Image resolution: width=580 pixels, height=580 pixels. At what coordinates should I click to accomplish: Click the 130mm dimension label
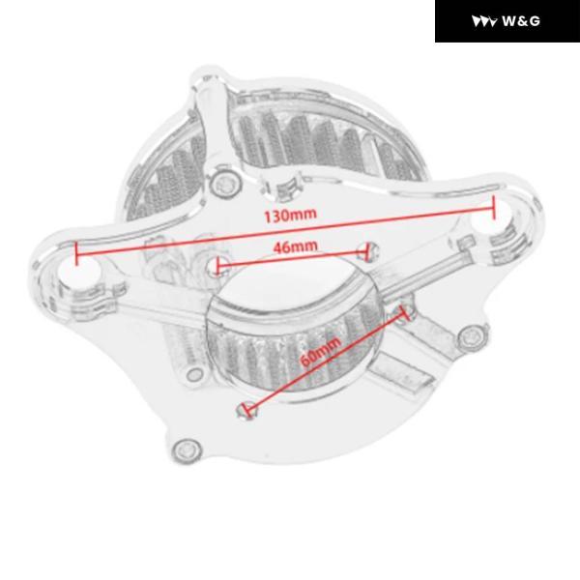291,215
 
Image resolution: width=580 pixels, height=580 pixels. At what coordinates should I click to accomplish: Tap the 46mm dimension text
295,246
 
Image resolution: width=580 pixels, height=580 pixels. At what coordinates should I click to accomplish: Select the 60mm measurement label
320,352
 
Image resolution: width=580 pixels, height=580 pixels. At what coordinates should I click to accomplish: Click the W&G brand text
521,21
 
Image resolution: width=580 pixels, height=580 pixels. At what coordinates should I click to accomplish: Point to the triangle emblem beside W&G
484,21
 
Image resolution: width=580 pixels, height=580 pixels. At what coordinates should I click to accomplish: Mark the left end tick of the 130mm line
76,253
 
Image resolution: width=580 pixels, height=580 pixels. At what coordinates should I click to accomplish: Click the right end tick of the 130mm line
493,208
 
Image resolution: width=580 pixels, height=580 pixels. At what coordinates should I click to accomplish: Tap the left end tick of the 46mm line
217,265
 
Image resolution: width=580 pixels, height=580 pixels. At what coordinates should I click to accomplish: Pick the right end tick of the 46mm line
367,252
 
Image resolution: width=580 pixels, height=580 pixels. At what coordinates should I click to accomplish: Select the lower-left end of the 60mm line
247,409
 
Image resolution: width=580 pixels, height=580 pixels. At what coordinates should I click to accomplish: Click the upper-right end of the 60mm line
403,314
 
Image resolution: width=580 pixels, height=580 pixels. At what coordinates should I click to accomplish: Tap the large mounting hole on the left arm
78,270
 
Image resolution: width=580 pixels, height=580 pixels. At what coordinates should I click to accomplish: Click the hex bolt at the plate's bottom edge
187,450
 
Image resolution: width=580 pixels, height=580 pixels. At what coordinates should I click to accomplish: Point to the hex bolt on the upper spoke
225,182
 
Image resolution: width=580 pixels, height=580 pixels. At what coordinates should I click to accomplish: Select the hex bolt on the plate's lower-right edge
472,335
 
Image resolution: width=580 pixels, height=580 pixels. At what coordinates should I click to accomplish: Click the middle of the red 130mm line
285,231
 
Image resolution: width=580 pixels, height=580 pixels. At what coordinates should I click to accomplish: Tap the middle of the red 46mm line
292,259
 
